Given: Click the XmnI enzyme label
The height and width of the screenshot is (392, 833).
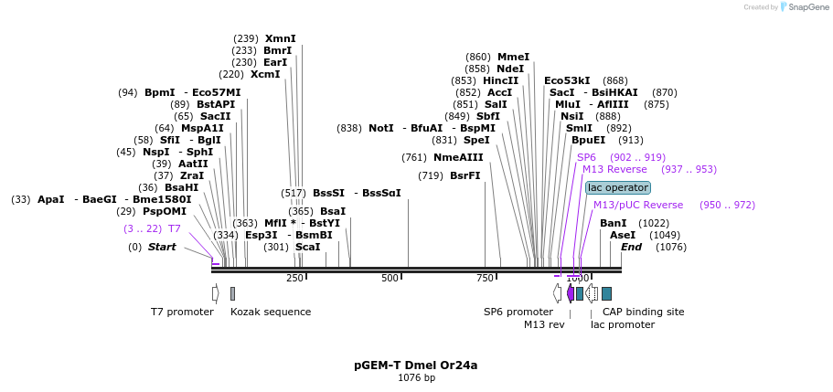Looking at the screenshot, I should click(280, 38).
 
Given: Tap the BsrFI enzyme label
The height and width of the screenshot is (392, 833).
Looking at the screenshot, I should click(465, 175).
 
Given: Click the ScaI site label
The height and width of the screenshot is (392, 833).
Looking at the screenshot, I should click(307, 247).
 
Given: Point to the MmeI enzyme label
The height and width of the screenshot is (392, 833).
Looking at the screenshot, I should click(513, 57).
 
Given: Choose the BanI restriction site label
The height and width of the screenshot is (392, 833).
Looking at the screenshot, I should click(613, 223).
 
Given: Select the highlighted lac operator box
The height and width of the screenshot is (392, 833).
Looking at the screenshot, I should click(617, 187).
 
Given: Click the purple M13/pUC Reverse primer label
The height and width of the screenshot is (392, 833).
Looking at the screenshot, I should click(637, 205).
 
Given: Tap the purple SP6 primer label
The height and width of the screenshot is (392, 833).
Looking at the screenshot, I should click(586, 157).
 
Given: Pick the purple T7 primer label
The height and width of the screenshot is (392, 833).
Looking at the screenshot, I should click(174, 228).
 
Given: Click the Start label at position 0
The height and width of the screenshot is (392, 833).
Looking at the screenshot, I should click(162, 247).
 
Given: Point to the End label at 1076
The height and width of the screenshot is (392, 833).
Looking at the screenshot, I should click(631, 247).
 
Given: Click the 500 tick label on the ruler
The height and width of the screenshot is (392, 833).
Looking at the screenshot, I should click(390, 278).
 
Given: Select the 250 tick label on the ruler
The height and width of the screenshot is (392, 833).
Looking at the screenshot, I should click(294, 278).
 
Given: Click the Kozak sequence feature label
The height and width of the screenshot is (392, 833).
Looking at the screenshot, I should click(271, 312).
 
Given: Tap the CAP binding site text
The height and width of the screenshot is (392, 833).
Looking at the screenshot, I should click(643, 312).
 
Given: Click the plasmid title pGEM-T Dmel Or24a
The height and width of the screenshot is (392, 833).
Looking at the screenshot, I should click(416, 365).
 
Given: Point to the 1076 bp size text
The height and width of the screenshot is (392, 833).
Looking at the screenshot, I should click(416, 377).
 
